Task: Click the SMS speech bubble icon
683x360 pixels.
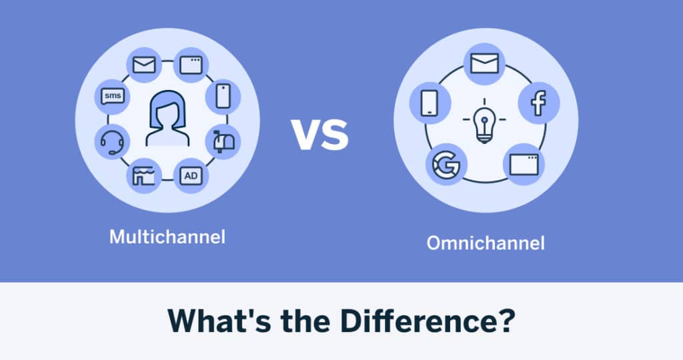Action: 113,97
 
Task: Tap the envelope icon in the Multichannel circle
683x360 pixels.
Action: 144,65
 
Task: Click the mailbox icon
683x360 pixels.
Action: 223,141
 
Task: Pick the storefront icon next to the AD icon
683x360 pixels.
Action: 143,175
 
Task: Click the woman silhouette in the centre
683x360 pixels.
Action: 167,119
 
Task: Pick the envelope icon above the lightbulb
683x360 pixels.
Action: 484,64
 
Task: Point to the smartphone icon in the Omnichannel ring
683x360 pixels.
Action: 430,103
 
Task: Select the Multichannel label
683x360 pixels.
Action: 167,237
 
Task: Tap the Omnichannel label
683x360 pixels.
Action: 486,243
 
